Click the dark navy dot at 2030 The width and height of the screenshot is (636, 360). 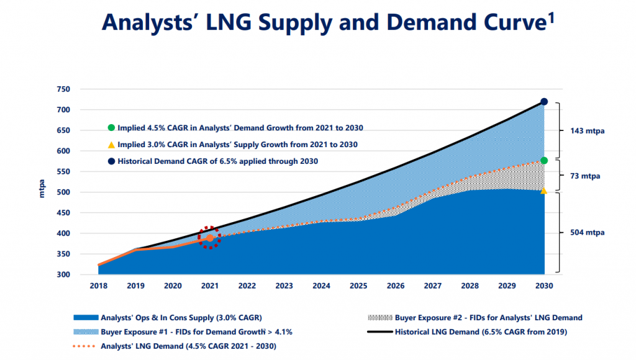coord(544,102)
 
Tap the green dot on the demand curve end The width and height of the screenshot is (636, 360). coord(544,161)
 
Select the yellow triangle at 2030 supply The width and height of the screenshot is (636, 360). coord(543,191)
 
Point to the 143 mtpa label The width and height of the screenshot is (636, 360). coord(588,131)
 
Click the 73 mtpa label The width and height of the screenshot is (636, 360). coord(585,176)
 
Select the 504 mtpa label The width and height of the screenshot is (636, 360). coord(588,232)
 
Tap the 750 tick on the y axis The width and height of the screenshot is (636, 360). coord(63,89)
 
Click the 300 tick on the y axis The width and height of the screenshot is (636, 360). coord(63,274)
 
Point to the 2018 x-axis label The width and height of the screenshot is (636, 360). coord(99,286)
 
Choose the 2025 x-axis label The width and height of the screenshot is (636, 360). coord(358,286)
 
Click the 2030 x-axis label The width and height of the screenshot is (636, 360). coord(544,286)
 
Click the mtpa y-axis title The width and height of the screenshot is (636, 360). coord(42,189)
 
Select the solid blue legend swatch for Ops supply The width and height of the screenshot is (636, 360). coord(86,317)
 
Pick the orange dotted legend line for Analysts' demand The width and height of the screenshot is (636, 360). coord(84,346)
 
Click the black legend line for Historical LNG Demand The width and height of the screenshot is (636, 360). coord(379,332)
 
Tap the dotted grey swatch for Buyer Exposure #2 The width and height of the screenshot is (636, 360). coord(379,317)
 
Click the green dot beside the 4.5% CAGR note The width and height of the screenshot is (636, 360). coord(111,128)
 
